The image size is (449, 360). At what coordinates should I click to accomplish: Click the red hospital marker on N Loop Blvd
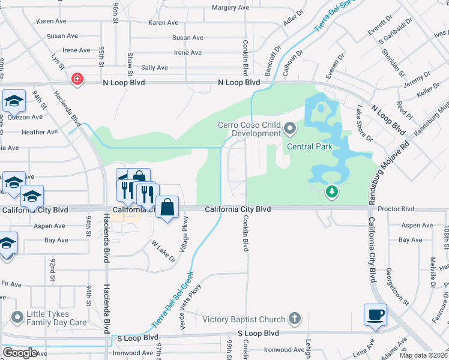77,79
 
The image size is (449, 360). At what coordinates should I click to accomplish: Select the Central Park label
309,146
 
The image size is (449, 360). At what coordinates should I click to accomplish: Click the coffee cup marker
375,315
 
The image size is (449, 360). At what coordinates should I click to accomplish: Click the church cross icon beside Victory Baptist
294,318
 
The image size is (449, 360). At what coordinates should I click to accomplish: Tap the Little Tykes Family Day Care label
56,318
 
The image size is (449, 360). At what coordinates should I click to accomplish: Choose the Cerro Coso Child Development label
249,129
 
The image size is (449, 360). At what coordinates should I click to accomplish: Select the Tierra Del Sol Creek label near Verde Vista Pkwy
173,300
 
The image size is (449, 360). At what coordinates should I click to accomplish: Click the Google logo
20,353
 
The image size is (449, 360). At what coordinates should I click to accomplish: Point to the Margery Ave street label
230,8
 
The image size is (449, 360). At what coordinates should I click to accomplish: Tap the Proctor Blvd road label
398,209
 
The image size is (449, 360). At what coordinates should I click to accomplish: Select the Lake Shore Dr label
364,124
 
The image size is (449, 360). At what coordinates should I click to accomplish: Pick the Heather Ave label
40,132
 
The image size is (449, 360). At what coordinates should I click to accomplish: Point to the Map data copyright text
423,355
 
